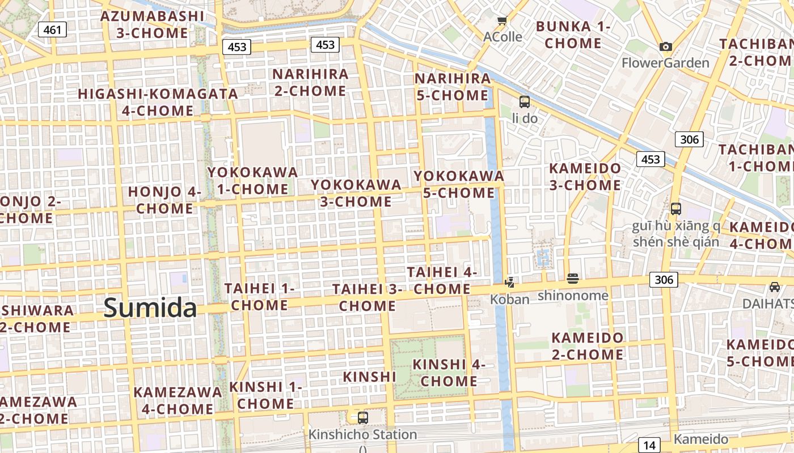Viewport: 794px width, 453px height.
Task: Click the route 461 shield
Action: click(x=52, y=29)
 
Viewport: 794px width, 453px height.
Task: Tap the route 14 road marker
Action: click(x=649, y=445)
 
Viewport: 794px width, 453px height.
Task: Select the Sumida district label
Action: click(x=150, y=308)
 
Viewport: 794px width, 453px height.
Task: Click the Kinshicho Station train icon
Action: click(x=362, y=418)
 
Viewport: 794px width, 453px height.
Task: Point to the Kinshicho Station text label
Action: click(x=362, y=435)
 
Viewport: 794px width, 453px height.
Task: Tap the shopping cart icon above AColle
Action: click(x=502, y=22)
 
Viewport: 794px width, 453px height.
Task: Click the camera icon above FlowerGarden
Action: click(x=666, y=47)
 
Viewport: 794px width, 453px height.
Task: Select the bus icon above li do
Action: click(x=525, y=102)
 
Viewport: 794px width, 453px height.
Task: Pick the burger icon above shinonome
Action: click(x=572, y=279)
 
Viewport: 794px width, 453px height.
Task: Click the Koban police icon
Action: click(x=510, y=282)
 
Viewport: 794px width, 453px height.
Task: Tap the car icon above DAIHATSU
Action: click(x=775, y=287)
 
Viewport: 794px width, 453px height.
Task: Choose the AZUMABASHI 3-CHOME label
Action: click(x=152, y=24)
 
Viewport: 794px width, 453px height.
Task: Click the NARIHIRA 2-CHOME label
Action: click(x=310, y=82)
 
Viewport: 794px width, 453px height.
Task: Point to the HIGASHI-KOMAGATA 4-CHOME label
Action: click(x=158, y=102)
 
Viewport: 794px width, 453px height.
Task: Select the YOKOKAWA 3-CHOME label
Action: click(x=356, y=193)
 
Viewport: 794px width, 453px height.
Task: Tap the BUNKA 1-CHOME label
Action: click(x=573, y=35)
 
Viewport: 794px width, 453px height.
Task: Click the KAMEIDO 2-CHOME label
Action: click(x=588, y=346)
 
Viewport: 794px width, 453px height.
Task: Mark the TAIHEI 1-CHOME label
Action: click(x=260, y=297)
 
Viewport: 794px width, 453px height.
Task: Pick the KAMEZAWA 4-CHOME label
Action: click(x=178, y=400)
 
